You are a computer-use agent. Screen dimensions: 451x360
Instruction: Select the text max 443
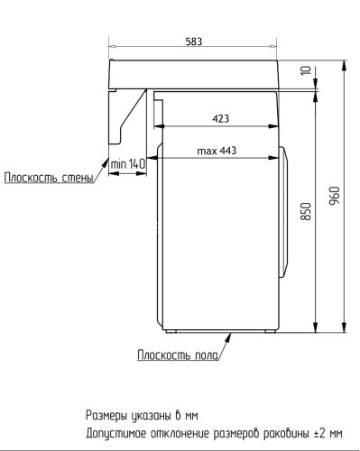[217, 151]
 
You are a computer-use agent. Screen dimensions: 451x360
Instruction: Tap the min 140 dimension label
[128, 163]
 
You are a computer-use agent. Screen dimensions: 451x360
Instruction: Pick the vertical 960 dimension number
[334, 195]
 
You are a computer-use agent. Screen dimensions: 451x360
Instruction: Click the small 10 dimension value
[306, 71]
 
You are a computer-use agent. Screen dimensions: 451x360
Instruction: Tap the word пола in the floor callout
[207, 354]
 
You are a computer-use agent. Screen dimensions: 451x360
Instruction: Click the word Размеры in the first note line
[108, 416]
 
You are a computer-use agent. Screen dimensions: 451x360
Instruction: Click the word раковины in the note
[282, 432]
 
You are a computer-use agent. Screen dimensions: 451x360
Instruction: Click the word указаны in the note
[152, 416]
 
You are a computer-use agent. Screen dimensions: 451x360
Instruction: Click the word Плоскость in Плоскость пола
[164, 354]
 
